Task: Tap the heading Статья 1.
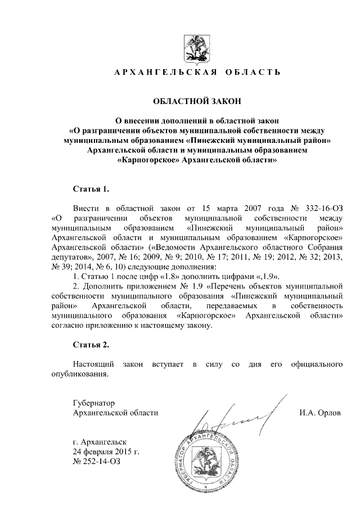90,187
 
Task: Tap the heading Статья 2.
90,344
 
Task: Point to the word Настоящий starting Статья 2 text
94,365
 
